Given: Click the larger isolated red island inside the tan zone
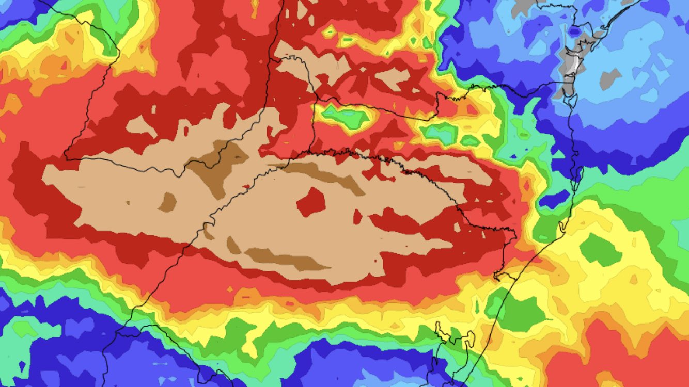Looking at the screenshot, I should [x=311, y=201].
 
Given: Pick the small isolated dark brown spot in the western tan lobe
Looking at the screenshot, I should [x=167, y=202].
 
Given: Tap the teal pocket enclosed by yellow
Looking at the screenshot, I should [x=440, y=133].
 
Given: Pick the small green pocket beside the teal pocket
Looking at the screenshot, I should [x=470, y=140].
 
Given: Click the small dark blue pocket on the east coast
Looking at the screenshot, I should [x=555, y=199].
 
